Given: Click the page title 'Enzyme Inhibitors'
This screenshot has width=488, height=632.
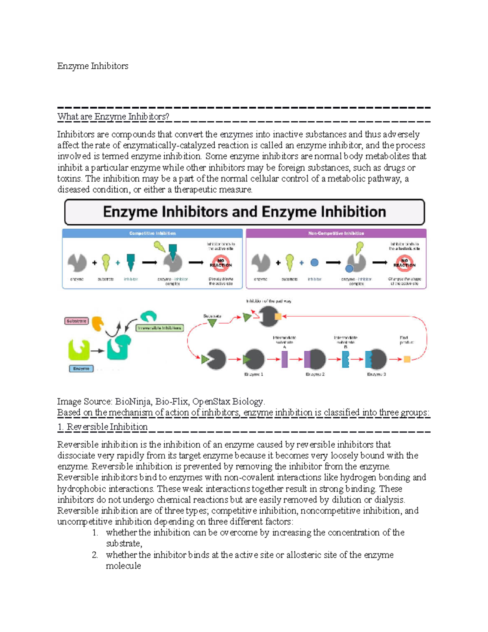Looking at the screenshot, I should [x=93, y=66].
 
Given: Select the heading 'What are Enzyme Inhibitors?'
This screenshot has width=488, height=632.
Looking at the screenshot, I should [x=113, y=117].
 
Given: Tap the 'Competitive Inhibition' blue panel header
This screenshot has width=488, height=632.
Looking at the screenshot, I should [x=152, y=233].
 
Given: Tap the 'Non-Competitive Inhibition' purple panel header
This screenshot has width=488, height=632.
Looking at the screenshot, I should [x=336, y=233].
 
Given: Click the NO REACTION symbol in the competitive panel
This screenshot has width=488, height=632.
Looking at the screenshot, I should [x=221, y=263].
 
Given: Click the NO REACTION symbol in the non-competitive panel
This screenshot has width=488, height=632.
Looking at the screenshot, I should [x=404, y=263].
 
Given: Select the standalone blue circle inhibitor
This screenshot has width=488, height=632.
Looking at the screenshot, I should [x=314, y=262].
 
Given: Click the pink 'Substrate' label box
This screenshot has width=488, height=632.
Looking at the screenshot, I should [x=76, y=321].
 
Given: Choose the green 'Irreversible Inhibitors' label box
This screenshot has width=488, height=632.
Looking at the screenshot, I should [x=159, y=328].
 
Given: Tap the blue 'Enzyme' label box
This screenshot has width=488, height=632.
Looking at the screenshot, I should [x=81, y=369].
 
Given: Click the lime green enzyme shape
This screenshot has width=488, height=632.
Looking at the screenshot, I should [x=79, y=350].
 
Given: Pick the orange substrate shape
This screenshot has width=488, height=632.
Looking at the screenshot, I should [x=98, y=324].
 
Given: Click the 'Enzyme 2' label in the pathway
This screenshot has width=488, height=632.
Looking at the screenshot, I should [x=315, y=374].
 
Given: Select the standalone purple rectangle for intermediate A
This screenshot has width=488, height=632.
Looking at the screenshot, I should [x=285, y=359].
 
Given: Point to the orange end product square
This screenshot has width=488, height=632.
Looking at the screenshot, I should [x=407, y=359].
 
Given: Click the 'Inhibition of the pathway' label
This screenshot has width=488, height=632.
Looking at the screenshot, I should [x=268, y=301].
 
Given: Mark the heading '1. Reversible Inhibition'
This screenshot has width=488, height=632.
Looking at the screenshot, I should [x=102, y=427].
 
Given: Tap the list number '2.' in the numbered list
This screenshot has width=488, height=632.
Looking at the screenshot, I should [x=95, y=555].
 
